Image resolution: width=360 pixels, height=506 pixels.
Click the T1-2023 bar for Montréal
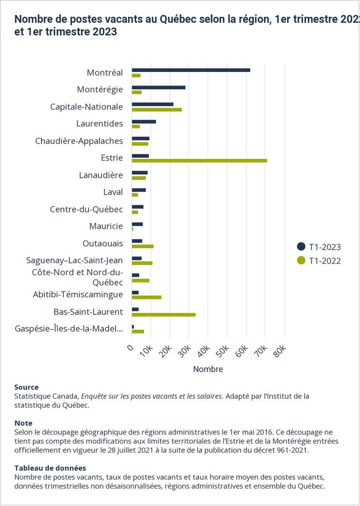point(191,70)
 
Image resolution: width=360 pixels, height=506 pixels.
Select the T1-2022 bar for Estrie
point(199,161)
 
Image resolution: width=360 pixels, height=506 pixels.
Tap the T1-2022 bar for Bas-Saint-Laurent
point(163,314)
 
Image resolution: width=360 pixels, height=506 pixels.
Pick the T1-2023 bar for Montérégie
point(158,87)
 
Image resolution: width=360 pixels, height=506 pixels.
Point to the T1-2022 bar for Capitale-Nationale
point(157,110)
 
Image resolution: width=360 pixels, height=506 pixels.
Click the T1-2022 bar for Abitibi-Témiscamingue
point(146,297)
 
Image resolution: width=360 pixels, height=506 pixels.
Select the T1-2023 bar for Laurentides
point(144,121)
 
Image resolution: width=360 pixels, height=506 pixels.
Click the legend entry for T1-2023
point(319,247)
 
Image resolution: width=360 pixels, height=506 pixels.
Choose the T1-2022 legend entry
point(319,261)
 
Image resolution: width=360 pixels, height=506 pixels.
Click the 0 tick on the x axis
point(130,348)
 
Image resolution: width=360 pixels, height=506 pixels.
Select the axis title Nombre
point(208,369)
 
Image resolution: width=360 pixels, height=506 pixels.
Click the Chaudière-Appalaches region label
point(79,141)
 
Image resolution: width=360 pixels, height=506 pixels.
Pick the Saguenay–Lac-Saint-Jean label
point(74,260)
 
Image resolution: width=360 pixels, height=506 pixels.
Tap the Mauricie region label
point(106,226)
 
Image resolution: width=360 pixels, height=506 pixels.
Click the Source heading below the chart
point(27,387)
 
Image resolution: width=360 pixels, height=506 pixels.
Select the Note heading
point(23,423)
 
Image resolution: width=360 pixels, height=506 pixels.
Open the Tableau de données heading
point(50,468)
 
